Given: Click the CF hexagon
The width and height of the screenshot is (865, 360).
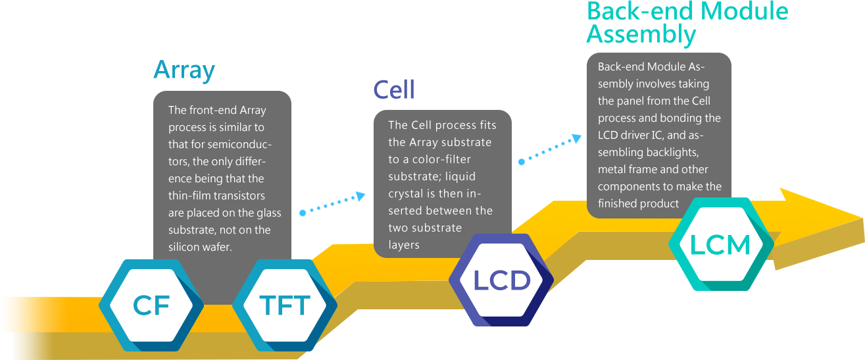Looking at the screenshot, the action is pyautogui.click(x=151, y=305).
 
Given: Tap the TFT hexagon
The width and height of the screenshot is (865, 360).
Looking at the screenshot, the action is pyautogui.click(x=285, y=305).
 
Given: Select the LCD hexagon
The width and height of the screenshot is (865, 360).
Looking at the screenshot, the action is pyautogui.click(x=501, y=280).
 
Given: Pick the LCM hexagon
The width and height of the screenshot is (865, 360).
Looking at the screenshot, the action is pyautogui.click(x=721, y=244).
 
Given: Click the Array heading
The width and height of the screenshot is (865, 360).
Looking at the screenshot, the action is pyautogui.click(x=184, y=70).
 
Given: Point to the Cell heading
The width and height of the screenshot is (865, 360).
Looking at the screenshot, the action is pyautogui.click(x=394, y=90).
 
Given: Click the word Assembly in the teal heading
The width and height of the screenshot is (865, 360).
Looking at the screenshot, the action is pyautogui.click(x=641, y=34).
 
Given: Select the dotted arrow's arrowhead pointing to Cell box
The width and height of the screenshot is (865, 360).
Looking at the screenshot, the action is pyautogui.click(x=360, y=196).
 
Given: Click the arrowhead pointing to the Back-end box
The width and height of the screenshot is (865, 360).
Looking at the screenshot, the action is pyautogui.click(x=576, y=138).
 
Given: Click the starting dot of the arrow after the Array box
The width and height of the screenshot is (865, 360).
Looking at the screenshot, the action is pyautogui.click(x=303, y=213).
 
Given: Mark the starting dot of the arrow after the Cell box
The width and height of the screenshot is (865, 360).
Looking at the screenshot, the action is pyautogui.click(x=522, y=162).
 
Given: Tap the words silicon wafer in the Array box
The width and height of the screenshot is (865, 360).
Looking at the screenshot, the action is pyautogui.click(x=199, y=247).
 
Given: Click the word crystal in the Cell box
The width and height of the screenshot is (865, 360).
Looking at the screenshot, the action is pyautogui.click(x=406, y=193).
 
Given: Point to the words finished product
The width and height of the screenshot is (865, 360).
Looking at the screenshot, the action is pyautogui.click(x=638, y=203).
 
